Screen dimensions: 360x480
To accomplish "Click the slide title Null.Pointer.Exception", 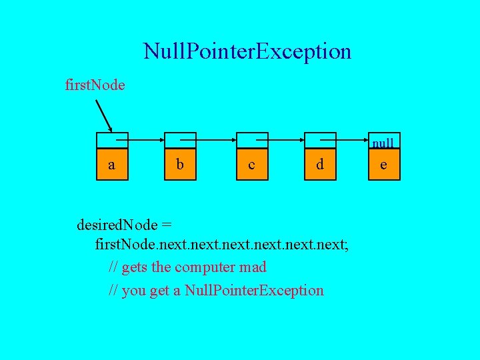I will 247,51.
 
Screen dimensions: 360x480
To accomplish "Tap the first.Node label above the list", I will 94,85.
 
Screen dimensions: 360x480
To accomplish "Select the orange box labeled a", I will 111,164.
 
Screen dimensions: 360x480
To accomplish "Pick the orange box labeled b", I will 180,164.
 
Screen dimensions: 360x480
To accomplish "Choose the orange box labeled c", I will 251,164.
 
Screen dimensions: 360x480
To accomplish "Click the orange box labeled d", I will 320,164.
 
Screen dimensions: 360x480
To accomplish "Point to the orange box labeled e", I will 383,164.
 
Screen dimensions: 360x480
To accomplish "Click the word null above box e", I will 383,143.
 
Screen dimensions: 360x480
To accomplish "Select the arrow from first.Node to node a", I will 104,116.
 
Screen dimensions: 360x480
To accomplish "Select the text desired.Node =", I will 126,223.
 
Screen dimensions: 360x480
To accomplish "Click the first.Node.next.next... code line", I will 222,245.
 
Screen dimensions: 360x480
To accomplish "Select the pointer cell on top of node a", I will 111,140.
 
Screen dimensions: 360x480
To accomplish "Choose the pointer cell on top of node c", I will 251,140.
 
